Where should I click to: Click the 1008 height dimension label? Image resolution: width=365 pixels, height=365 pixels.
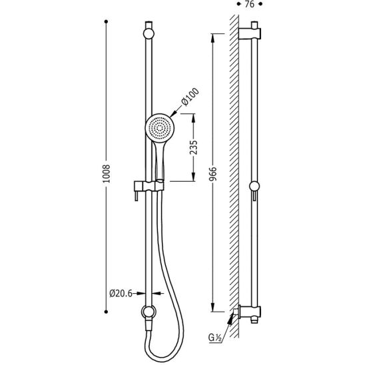pos(107,174)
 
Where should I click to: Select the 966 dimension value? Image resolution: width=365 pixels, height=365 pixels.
pos(212,174)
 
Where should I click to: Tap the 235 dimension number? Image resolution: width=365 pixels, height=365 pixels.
pos(193,147)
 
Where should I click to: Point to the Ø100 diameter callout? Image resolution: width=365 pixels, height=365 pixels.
pos(190,97)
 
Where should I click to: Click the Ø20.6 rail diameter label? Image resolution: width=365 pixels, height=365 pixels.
pos(121,293)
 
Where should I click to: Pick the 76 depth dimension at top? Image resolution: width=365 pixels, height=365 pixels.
pos(250,4)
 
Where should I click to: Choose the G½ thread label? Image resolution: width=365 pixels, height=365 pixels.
pos(214,338)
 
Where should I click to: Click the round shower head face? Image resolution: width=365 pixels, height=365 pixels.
pos(160,129)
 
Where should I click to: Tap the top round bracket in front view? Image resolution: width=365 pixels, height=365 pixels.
pos(149,34)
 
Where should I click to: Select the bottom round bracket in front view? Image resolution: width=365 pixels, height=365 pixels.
pos(149,312)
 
